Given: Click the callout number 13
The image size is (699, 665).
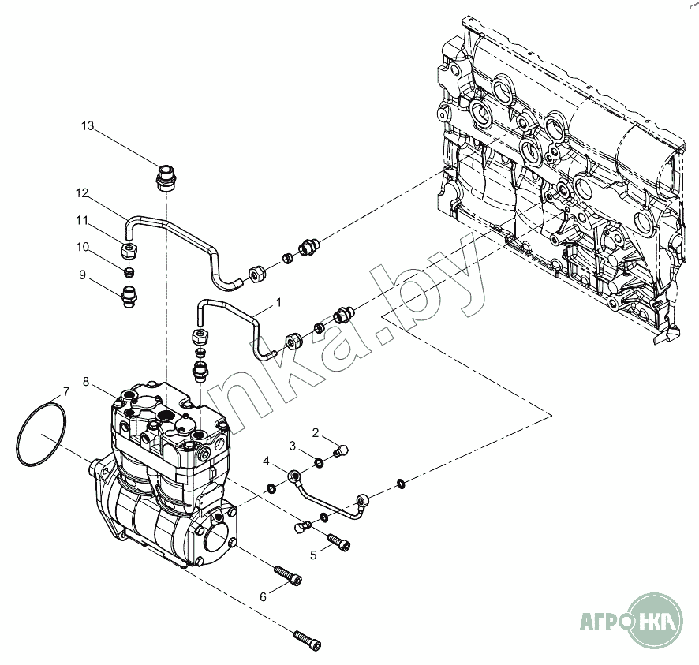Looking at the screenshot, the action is pos(88,126).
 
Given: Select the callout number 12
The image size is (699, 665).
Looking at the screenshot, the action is pos(82,193).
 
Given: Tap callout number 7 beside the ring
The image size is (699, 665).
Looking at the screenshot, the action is pos(66,392).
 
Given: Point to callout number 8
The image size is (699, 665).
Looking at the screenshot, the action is pos(85,382).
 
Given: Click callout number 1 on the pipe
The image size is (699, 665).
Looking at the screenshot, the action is pos(279,303).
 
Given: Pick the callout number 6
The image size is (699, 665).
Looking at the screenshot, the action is pos(263,597).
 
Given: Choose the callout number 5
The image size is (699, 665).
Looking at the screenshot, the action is pos(313,555).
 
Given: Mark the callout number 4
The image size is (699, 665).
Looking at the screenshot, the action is pos(266,461).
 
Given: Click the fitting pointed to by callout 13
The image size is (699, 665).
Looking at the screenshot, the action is pos(166,177).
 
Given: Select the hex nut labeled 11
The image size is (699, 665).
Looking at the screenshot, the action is pos(129,252).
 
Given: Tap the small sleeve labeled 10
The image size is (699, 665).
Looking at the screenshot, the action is pos(129,272).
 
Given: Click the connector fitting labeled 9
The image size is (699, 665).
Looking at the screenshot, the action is pos(129,297).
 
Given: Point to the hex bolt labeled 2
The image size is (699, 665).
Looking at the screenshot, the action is pos(341,450).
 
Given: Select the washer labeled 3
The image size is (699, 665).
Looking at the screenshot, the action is pos(320,462).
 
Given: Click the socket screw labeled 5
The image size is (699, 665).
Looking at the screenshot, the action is pos(338,541).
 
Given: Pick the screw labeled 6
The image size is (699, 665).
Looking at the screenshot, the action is pos(288,574).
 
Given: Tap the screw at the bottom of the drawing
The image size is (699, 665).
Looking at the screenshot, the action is pos(307,640).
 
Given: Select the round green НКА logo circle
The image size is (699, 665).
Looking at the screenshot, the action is pos(655,620).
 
